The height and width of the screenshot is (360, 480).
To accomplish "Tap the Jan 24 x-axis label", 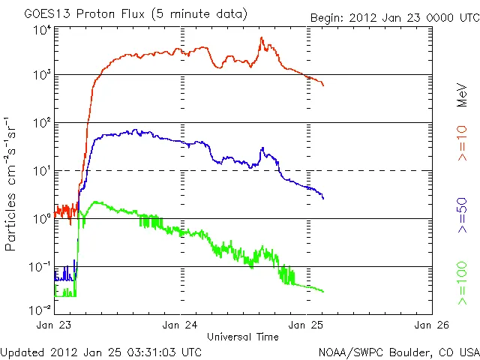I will pyautogui.click(x=180, y=325).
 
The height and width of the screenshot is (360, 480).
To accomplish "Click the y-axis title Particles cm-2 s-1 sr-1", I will pyautogui.click(x=12, y=184).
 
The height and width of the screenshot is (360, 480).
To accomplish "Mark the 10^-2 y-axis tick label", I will pyautogui.click(x=40, y=309).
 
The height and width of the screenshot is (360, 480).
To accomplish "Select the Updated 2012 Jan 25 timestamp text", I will pyautogui.click(x=101, y=351).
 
